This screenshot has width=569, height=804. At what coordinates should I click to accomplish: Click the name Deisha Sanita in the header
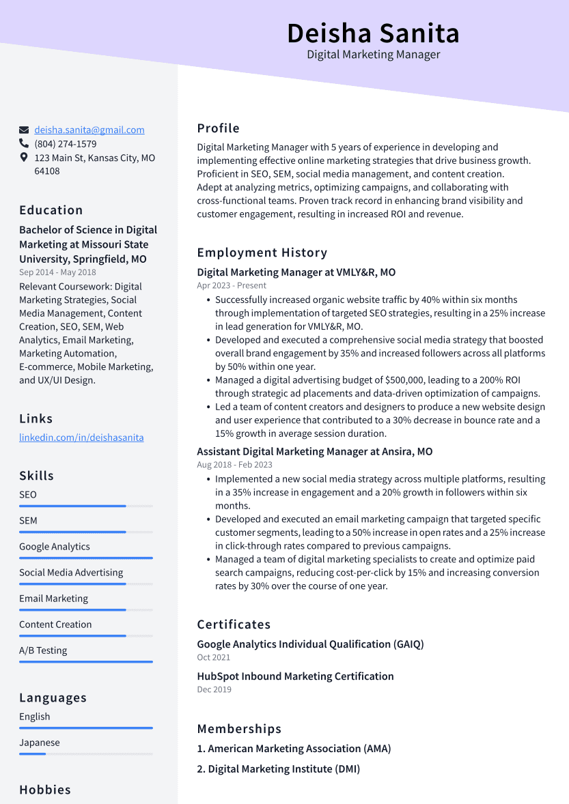[x=373, y=33]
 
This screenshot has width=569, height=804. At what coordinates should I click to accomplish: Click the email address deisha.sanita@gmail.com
[x=89, y=130]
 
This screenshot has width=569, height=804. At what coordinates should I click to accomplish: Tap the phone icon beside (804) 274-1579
[x=24, y=144]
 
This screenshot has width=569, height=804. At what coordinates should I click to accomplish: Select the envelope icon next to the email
[x=24, y=130]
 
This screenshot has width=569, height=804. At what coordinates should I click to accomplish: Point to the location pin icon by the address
[x=24, y=158]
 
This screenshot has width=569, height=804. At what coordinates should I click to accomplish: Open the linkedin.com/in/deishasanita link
[x=81, y=437]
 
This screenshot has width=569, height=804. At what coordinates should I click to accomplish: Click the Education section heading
[x=51, y=210]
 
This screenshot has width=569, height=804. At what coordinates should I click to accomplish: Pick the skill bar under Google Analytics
[x=85, y=558]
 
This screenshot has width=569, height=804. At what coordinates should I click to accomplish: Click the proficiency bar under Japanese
[x=85, y=753]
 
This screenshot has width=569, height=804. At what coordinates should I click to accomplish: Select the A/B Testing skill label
[x=43, y=650]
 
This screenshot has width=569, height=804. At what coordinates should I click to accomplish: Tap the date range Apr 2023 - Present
[x=232, y=285]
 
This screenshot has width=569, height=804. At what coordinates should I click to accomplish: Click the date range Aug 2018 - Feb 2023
[x=234, y=465]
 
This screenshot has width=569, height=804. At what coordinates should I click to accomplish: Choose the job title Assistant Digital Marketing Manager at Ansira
[x=314, y=452]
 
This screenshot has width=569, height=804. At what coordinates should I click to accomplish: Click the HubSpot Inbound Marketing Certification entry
[x=295, y=676]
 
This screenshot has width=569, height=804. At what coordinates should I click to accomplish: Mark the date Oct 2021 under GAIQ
[x=213, y=657]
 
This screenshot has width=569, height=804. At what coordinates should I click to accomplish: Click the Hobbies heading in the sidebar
[x=45, y=790]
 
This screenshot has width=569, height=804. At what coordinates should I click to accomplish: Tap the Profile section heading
[x=218, y=128]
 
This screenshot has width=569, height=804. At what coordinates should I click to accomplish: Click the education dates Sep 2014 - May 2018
[x=57, y=272]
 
